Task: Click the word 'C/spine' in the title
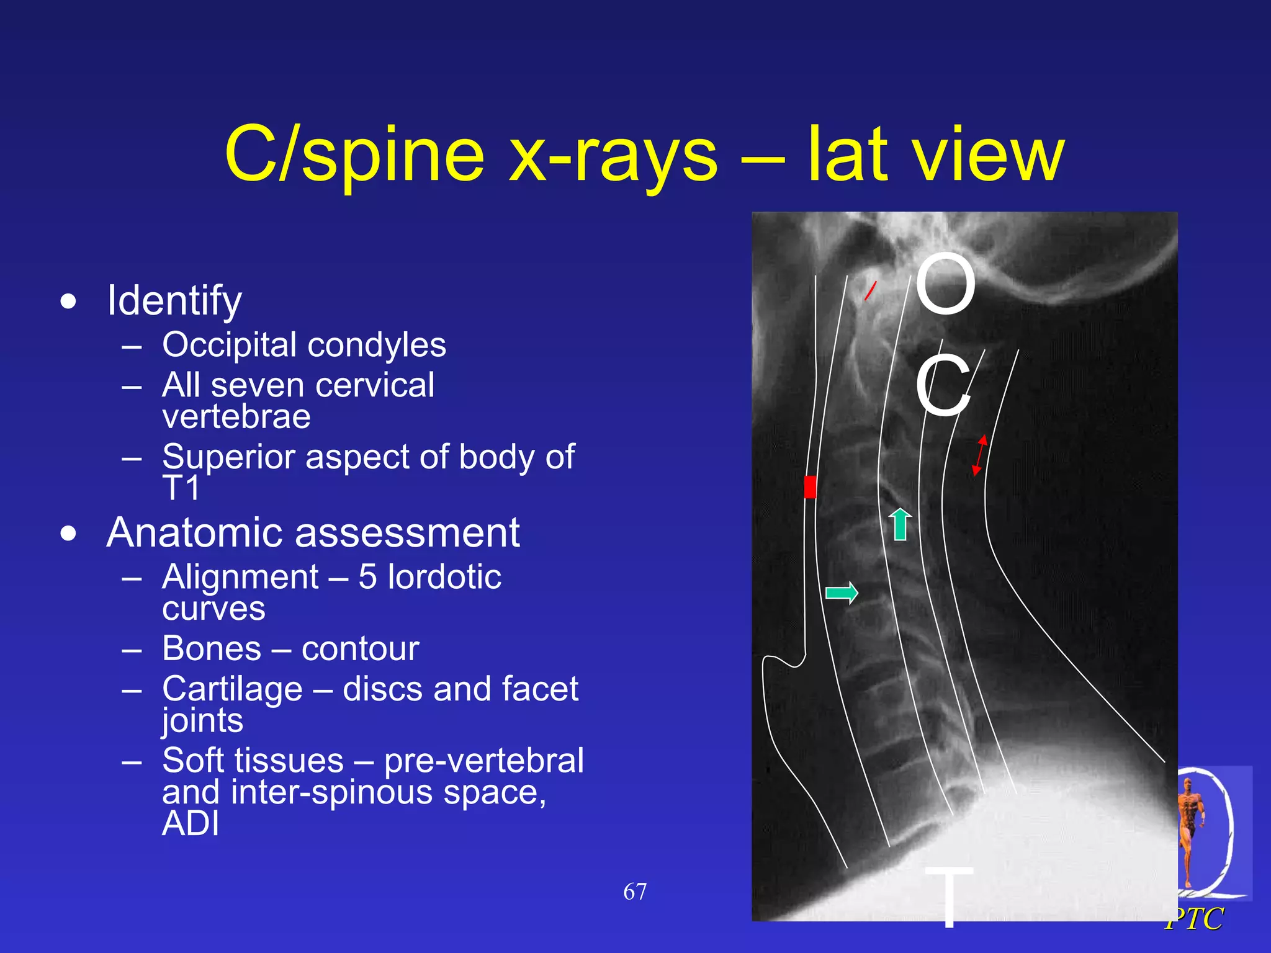[354, 155]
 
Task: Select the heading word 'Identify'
[174, 301]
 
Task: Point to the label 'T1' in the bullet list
[181, 488]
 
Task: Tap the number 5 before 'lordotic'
[367, 577]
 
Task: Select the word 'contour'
[360, 649]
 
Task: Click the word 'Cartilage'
[232, 689]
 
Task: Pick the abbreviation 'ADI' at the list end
[191, 824]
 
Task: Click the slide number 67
[635, 892]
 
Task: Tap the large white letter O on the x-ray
[945, 284]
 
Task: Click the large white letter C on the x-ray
[943, 386]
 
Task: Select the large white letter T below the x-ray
[948, 896]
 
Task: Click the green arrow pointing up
[900, 524]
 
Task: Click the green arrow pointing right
[842, 593]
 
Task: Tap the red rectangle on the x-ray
[809, 487]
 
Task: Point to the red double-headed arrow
[979, 455]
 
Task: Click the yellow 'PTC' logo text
[1195, 919]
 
